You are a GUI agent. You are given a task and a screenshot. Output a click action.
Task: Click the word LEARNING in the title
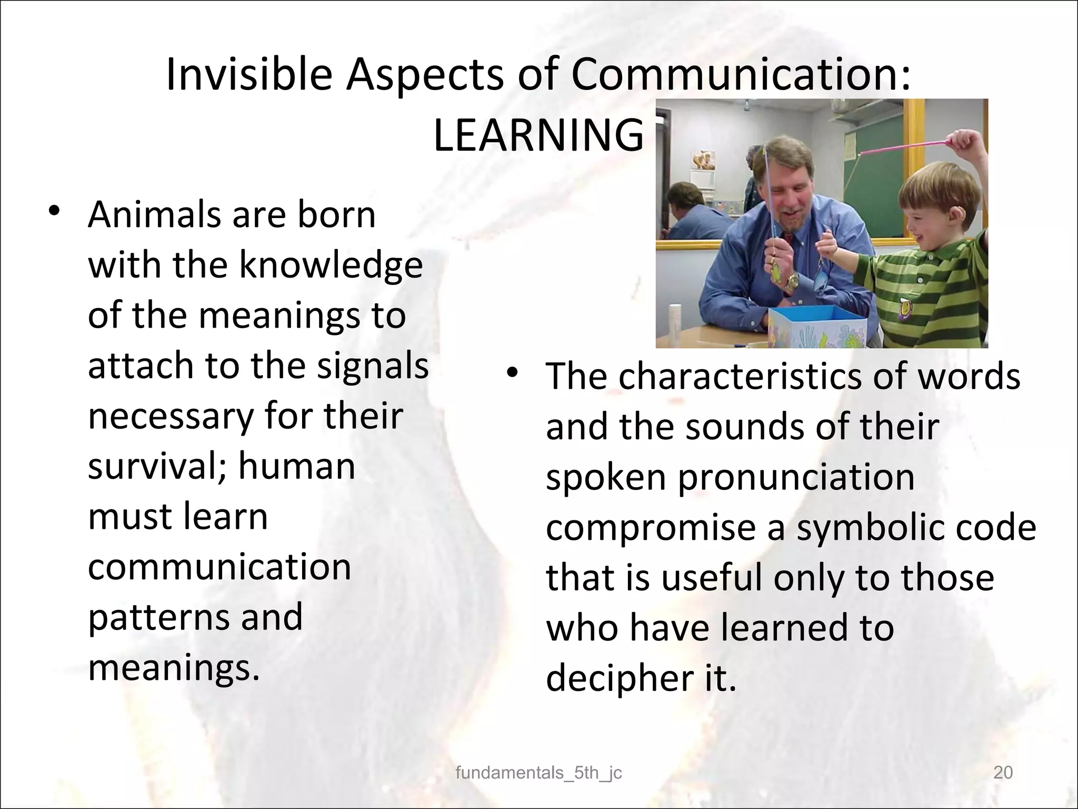pyautogui.click(x=538, y=135)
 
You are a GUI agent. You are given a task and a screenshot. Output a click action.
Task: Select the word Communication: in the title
pyautogui.click(x=741, y=75)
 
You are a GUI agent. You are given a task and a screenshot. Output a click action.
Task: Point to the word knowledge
pyautogui.click(x=331, y=265)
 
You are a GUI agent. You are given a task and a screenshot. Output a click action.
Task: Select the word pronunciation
pyautogui.click(x=796, y=478)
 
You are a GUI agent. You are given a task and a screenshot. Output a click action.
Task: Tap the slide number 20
pyautogui.click(x=1003, y=773)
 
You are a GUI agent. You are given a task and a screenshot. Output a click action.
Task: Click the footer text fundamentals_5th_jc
pyautogui.click(x=538, y=773)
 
